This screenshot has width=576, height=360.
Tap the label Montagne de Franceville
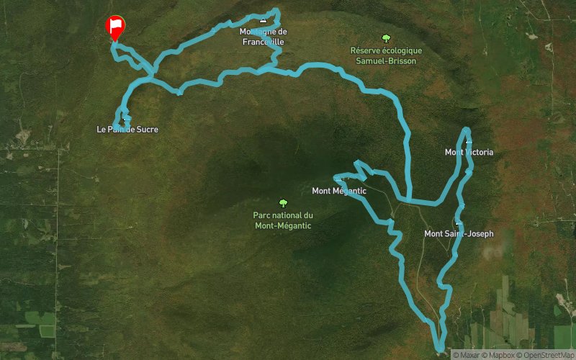263,37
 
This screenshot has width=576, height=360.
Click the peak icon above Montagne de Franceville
262,22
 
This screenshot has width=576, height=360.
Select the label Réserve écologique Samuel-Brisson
386,55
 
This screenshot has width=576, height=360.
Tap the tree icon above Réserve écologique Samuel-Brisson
386,39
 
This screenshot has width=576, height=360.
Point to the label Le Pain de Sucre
127,130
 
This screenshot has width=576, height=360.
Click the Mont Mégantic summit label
339,191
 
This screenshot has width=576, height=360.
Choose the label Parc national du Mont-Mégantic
284,220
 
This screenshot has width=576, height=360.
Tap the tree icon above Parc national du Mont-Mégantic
283,203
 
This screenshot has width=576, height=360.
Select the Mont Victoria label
469,152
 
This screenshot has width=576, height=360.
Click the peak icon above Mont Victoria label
468,141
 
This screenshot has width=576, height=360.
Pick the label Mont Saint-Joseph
459,233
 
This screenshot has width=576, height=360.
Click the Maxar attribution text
468,354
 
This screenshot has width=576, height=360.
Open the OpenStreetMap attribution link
549,354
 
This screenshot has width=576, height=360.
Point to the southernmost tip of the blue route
439,351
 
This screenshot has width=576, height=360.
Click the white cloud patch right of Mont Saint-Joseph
492,253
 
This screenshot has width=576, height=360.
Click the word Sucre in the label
146,130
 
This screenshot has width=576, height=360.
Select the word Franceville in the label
263,42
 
